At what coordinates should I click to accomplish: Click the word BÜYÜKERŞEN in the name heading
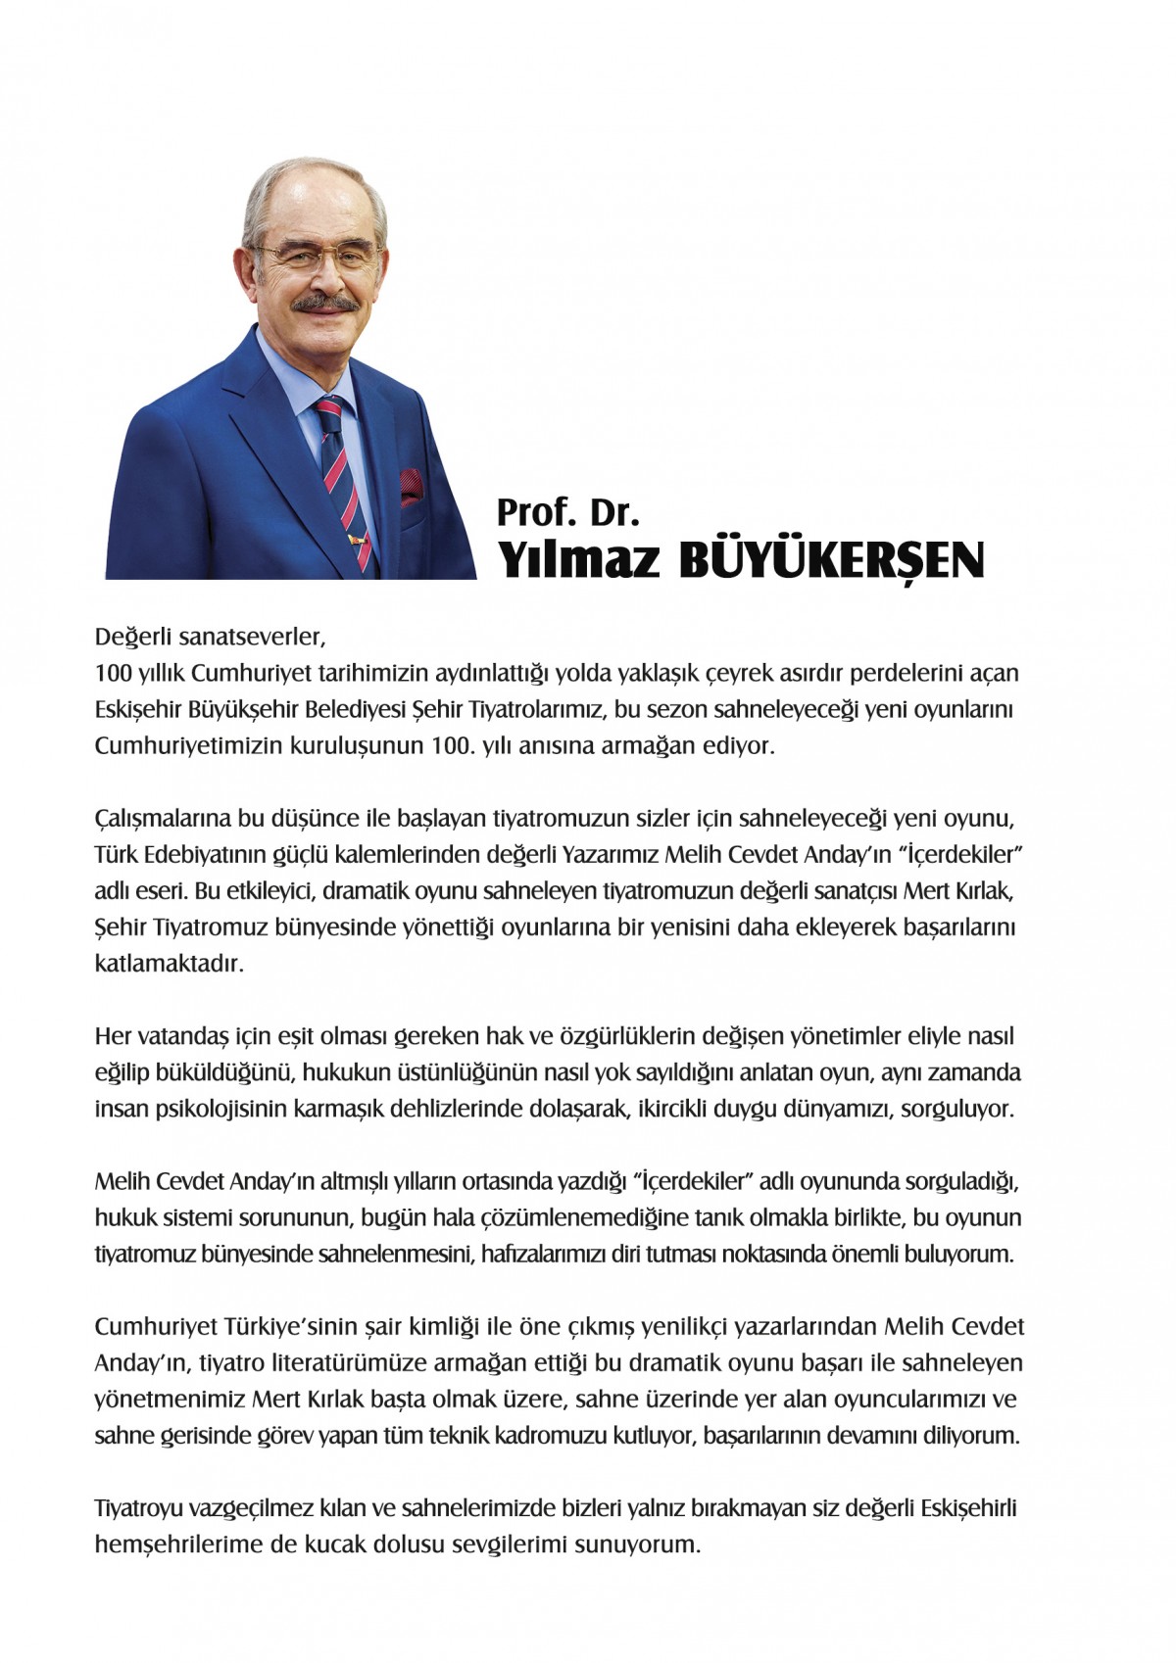pyautogui.click(x=831, y=561)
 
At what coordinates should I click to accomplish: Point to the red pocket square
pyautogui.click(x=411, y=484)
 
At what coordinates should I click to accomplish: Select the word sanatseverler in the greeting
pyautogui.click(x=250, y=637)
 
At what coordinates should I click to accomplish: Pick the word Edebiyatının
pyautogui.click(x=234, y=854)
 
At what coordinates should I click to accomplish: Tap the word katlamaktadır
pyautogui.click(x=168, y=963)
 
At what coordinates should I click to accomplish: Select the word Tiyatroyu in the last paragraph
pyautogui.click(x=139, y=1507)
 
